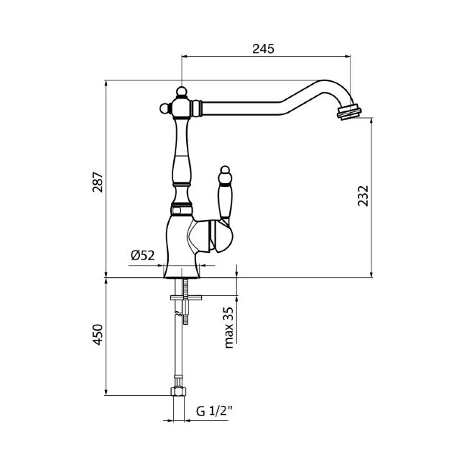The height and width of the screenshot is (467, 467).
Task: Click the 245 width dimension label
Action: pyautogui.click(x=263, y=49)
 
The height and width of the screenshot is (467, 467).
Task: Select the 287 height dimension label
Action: pyautogui.click(x=98, y=182)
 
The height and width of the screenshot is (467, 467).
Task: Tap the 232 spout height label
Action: pyautogui.click(x=363, y=195)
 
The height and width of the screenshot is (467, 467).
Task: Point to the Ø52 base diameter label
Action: pyautogui.click(x=143, y=255)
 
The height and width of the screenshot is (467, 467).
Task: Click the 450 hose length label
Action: pyautogui.click(x=98, y=335)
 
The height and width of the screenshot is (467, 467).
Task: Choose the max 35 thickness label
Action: pyautogui.click(x=228, y=328)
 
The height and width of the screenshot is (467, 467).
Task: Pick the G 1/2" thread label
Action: pyautogui.click(x=214, y=411)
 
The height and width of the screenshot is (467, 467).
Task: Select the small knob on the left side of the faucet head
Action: pyautogui.click(x=165, y=108)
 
